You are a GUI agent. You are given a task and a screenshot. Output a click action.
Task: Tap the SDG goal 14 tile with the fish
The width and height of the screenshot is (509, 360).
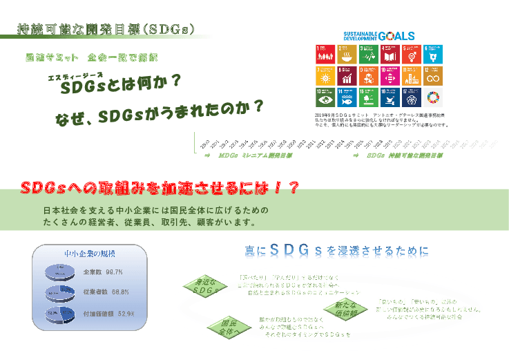tap(347, 96)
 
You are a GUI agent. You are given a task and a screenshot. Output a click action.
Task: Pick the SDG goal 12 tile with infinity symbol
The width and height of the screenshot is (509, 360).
tap(434, 75)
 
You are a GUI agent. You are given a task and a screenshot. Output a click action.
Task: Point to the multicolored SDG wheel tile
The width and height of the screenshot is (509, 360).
tap(434, 96)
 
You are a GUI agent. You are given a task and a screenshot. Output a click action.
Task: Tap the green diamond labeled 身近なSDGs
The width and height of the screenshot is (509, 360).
tap(206, 285)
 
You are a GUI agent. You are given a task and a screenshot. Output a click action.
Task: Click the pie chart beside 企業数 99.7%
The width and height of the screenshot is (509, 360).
tap(60, 272)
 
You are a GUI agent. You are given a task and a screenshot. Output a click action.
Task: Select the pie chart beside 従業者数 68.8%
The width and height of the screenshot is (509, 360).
tap(60, 293)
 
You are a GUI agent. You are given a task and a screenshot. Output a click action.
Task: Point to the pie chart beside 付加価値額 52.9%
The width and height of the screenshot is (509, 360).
tap(60, 314)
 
